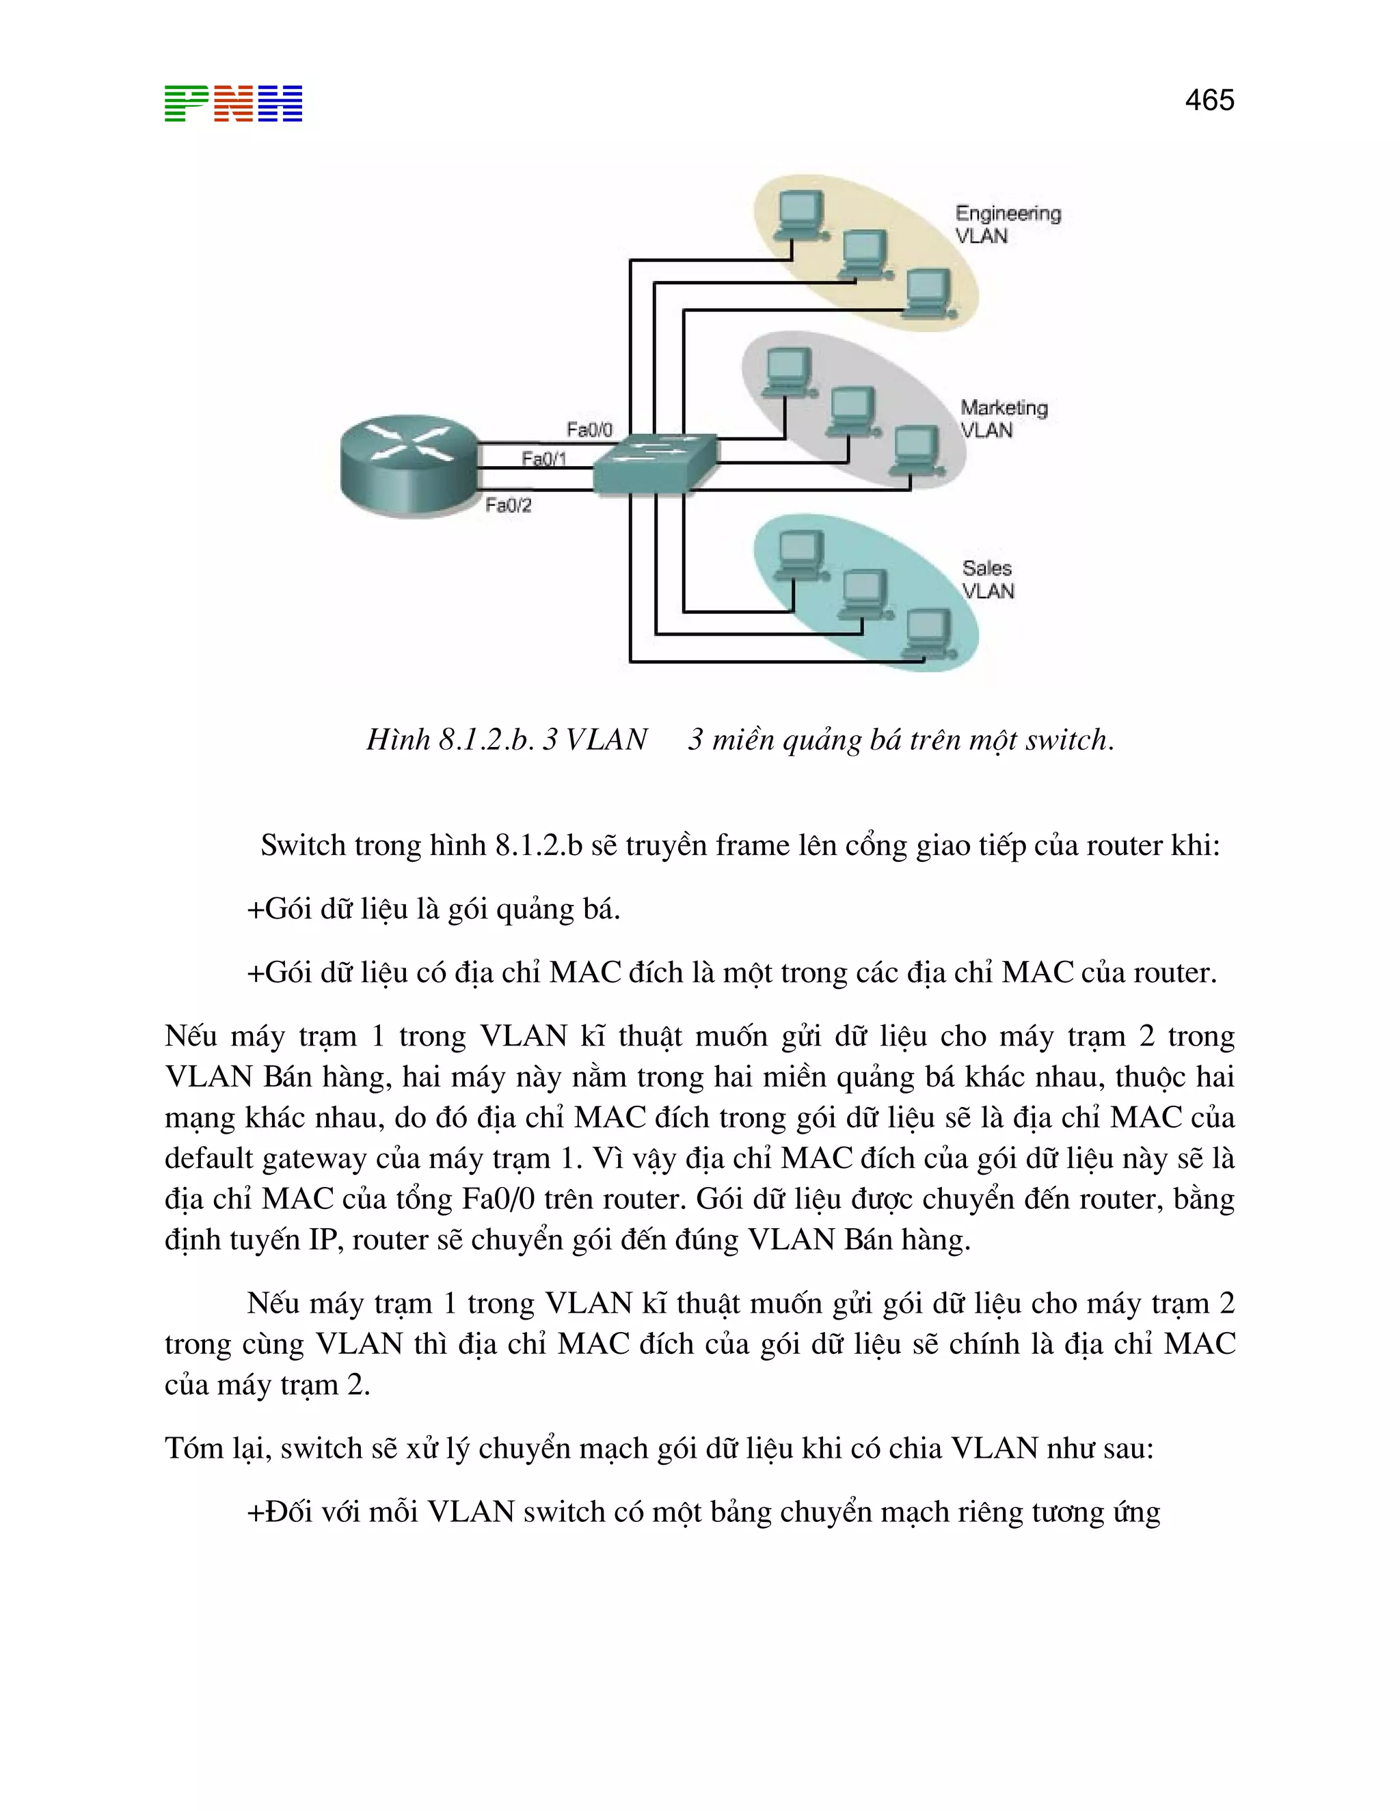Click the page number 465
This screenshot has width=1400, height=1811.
click(1209, 100)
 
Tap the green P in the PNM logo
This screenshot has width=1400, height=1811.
click(186, 104)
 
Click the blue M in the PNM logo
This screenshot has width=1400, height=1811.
click(280, 104)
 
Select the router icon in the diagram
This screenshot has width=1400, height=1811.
click(409, 466)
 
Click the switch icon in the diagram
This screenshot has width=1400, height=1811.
click(655, 463)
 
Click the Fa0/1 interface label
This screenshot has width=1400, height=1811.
click(544, 459)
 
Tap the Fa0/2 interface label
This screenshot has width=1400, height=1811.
click(509, 505)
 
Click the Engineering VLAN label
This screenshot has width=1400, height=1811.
click(1007, 225)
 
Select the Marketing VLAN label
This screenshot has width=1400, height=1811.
click(1004, 419)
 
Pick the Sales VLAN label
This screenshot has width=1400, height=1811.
click(987, 580)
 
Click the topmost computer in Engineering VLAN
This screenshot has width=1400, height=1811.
click(801, 215)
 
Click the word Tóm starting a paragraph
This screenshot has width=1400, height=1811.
click(192, 1448)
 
